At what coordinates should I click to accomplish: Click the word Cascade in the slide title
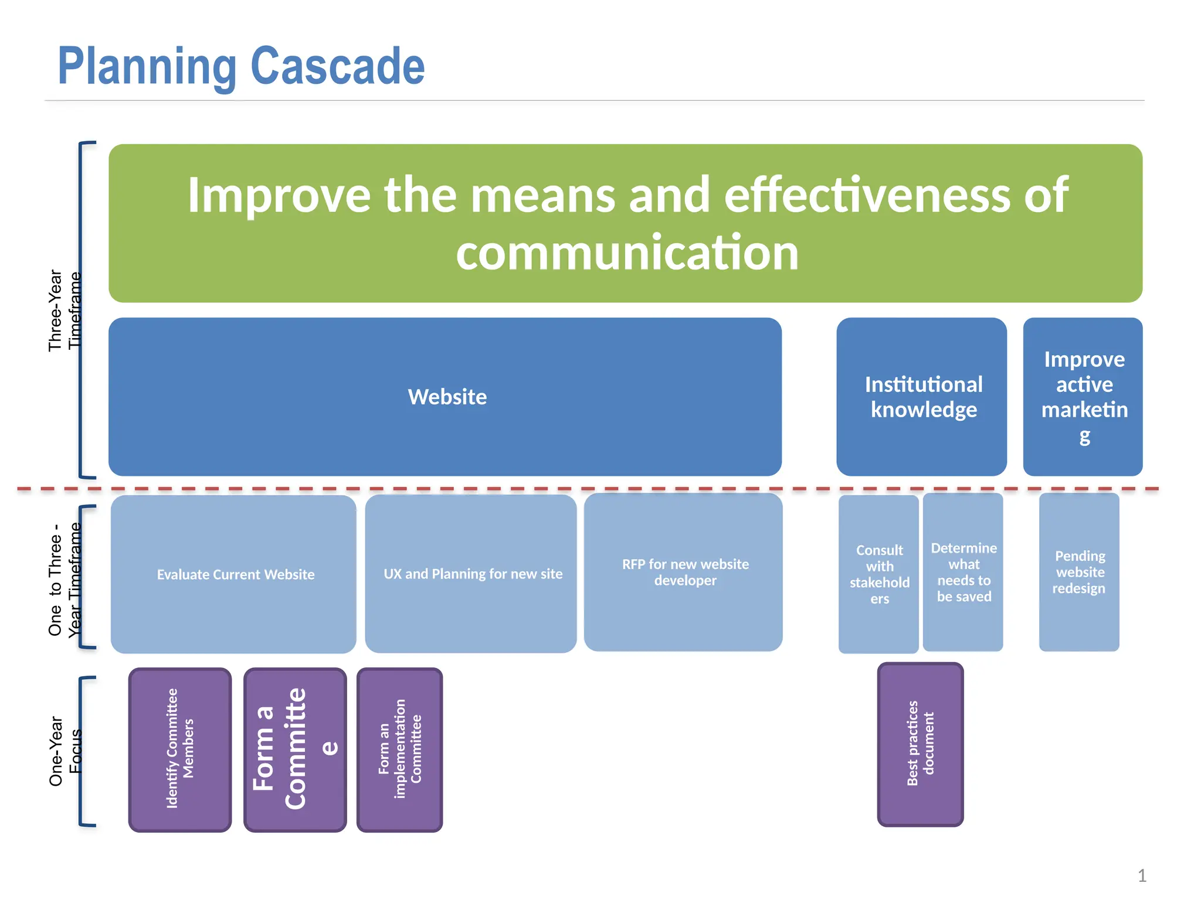(x=337, y=66)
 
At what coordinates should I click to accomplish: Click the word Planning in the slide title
(x=147, y=66)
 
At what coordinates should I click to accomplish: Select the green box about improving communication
(x=625, y=223)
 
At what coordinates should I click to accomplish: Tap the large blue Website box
(x=446, y=397)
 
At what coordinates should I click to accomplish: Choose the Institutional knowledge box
(x=922, y=397)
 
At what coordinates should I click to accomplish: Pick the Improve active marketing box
(x=1083, y=397)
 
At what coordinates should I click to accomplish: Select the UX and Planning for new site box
(x=471, y=574)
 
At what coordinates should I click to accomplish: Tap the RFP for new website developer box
(x=684, y=572)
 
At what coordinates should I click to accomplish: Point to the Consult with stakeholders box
(x=878, y=574)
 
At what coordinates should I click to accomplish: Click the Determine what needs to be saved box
(x=963, y=572)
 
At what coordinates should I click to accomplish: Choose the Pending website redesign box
(x=1079, y=572)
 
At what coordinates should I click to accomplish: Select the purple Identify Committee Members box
(x=180, y=749)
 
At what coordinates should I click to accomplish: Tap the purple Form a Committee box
(x=295, y=749)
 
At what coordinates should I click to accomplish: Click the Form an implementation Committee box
(x=399, y=749)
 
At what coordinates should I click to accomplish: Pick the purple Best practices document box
(x=920, y=744)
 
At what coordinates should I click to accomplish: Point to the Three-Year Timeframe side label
(x=64, y=310)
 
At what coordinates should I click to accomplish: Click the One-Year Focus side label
(x=64, y=751)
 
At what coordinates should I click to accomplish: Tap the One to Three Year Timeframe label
(x=64, y=579)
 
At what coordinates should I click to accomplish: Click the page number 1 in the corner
(x=1141, y=875)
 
